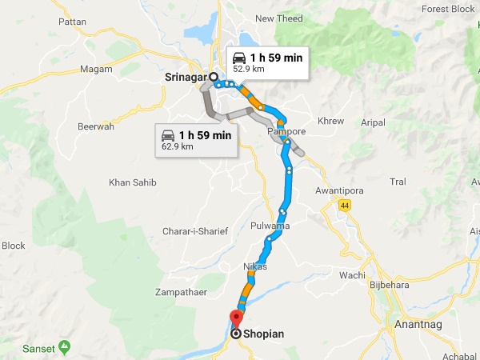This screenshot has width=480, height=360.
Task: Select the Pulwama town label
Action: point(269,226)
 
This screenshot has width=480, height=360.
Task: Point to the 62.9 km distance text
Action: point(178,146)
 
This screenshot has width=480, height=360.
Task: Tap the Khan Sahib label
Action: point(133,182)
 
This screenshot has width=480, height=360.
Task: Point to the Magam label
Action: point(97,70)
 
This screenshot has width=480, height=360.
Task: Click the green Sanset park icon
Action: point(65,347)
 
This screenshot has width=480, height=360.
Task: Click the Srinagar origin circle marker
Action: point(214,77)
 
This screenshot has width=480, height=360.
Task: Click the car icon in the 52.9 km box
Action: point(238,58)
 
